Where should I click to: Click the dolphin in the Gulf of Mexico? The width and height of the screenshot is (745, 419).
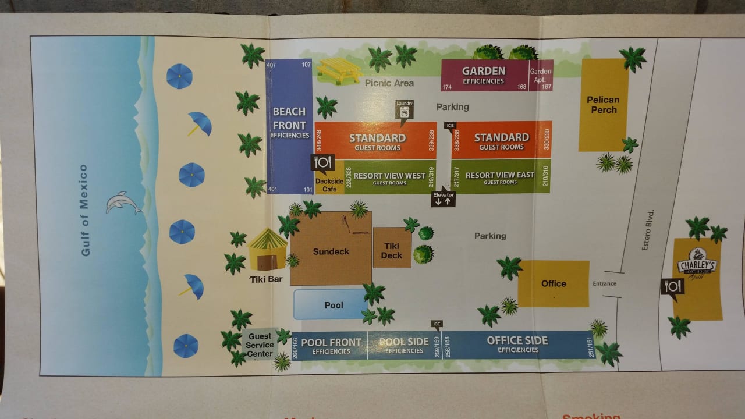[123, 203]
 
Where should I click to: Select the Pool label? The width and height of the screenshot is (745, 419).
[334, 305]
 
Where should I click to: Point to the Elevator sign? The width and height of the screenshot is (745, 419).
[444, 198]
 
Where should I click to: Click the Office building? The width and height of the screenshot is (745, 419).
[553, 283]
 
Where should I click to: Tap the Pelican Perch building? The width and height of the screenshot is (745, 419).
[603, 105]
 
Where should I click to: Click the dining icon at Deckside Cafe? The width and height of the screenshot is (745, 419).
[322, 162]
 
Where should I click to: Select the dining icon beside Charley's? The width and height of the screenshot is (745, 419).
[672, 286]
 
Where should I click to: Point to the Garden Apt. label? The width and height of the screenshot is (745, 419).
[541, 75]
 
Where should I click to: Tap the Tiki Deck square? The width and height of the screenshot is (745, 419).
[392, 250]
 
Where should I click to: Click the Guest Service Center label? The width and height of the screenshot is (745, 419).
[260, 345]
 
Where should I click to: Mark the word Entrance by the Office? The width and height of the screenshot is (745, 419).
[604, 283]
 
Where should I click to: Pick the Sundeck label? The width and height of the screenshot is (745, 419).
[331, 251]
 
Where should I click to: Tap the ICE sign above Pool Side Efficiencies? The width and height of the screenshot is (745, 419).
[437, 324]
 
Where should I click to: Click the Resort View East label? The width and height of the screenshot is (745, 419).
[500, 176]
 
